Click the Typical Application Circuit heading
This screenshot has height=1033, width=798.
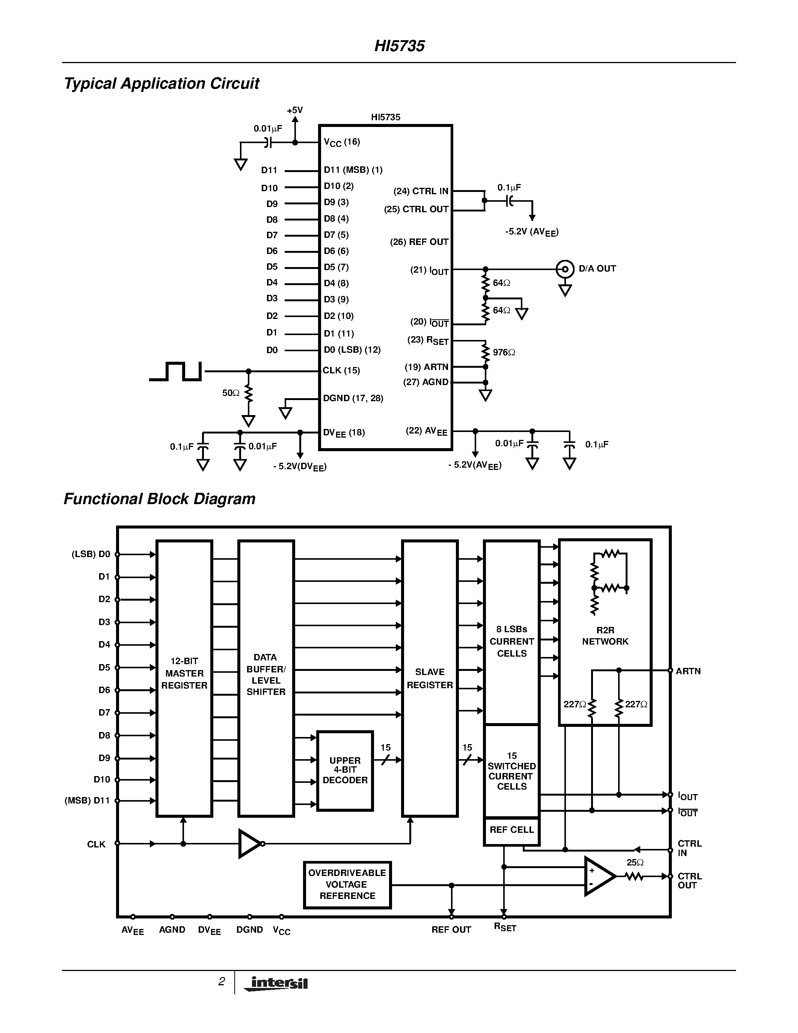point(161,84)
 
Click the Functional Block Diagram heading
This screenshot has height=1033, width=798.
point(159,499)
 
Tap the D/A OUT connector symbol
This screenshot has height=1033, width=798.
point(564,269)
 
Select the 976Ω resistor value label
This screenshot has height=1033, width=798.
point(504,352)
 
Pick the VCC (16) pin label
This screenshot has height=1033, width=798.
point(341,142)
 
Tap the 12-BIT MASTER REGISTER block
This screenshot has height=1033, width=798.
point(184,673)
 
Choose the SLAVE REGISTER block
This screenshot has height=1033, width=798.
point(429,678)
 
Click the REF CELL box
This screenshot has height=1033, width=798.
point(511,830)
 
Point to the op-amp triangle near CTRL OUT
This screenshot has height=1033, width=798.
point(598,876)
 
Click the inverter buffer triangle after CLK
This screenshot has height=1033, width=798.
point(249,843)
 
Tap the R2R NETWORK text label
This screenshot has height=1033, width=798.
point(605,636)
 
